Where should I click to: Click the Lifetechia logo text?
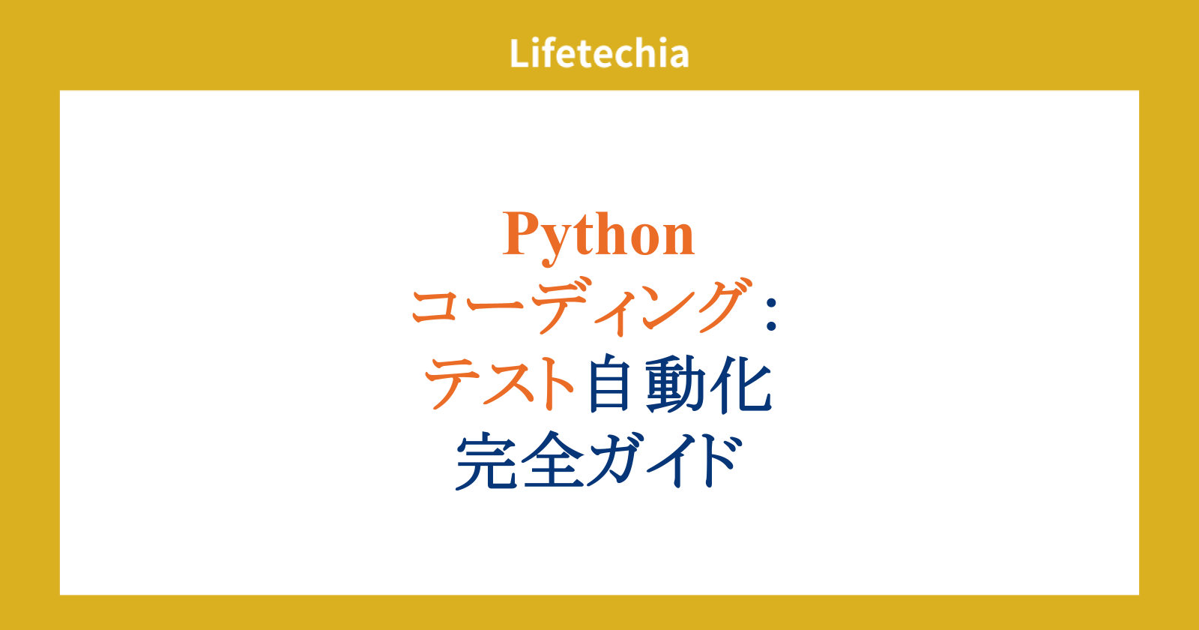point(599,53)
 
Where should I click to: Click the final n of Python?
point(678,240)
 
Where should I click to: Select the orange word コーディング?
point(580,307)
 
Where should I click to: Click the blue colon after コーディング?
point(771,314)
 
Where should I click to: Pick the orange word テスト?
point(499,383)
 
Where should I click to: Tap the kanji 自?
point(608,383)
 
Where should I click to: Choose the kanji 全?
point(553,460)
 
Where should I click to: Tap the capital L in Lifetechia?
point(520,53)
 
